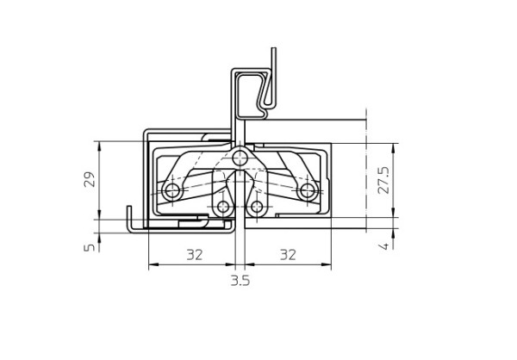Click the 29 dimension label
pyautogui.click(x=88, y=180)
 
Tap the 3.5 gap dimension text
pyautogui.click(x=240, y=281)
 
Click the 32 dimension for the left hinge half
pyautogui.click(x=195, y=255)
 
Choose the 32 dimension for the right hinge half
pyautogui.click(x=288, y=255)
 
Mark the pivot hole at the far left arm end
pyautogui.click(x=171, y=190)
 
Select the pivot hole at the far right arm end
pyautogui.click(x=308, y=190)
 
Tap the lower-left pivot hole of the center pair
pyautogui.click(x=223, y=207)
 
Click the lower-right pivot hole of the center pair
pyautogui.click(x=257, y=207)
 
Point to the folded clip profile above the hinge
pyautogui.click(x=256, y=90)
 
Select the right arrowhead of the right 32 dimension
pyautogui.click(x=331, y=264)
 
